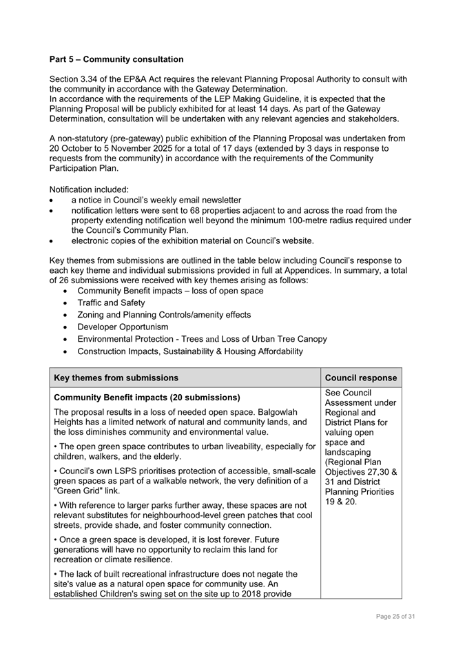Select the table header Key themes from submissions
tap(116, 378)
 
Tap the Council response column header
tap(360, 378)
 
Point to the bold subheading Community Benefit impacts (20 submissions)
tap(147, 398)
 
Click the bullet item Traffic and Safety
tap(111, 302)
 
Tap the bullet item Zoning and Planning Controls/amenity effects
tap(164, 315)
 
